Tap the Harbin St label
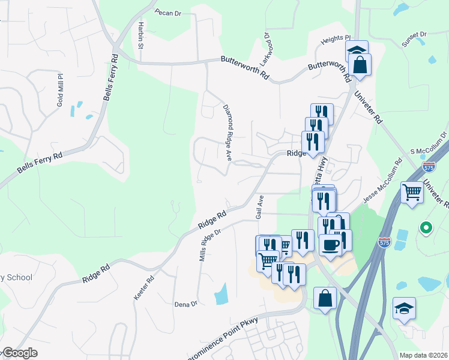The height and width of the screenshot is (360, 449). click(140, 34)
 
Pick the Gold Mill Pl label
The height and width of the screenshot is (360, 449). click(60, 90)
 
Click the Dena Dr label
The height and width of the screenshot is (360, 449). click(185, 304)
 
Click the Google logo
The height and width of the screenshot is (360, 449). click(20, 353)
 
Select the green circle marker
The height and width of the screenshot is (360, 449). click(426, 227)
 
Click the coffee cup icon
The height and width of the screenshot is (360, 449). click(330, 244)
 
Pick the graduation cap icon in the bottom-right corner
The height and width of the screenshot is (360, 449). click(405, 310)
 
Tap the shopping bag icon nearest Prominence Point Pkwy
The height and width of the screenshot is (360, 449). click(325, 298)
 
